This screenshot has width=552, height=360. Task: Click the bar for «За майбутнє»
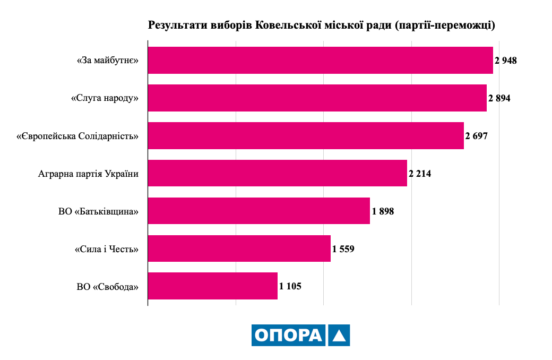coord(321,60)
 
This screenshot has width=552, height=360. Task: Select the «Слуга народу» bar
coord(317,98)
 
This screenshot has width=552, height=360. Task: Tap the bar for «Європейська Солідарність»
coord(306,135)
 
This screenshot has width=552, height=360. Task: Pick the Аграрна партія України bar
coord(278,173)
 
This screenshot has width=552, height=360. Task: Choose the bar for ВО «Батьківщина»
coord(259,211)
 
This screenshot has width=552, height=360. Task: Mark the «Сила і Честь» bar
coord(239,248)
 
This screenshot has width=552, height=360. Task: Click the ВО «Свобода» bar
coord(213,286)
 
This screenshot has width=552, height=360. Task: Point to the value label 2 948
coord(505,61)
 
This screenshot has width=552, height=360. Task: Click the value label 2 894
coord(499,98)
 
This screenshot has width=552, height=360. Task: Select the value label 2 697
coord(476,136)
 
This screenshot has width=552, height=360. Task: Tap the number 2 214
coord(420,174)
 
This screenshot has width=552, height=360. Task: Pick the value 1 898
coord(383,211)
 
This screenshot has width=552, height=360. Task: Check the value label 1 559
coord(343,249)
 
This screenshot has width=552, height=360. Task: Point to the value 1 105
coord(290,286)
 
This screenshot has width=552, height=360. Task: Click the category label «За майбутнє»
coord(108,61)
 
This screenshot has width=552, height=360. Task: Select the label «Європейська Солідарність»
coord(77,136)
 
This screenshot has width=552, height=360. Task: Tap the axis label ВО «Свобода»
coord(107,287)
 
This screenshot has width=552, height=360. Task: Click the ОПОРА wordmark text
coord(289,335)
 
